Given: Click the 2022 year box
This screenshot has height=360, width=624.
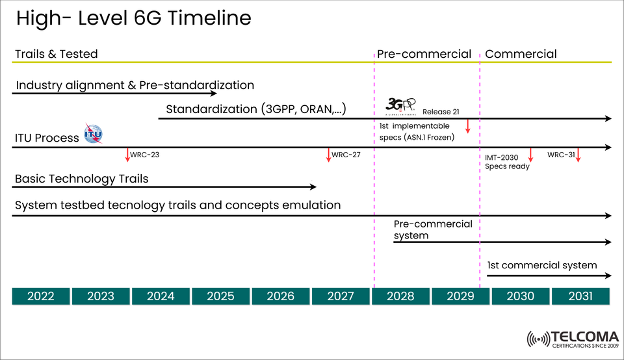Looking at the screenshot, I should [x=40, y=296].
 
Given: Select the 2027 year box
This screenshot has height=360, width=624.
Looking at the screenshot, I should [x=341, y=296].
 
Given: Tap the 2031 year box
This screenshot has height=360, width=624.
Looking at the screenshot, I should [x=580, y=296].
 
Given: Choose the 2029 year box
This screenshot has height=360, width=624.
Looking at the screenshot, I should [x=461, y=296].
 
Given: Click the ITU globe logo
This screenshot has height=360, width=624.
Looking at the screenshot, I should [x=93, y=133].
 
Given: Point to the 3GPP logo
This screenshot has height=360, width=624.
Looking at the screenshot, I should [x=400, y=105].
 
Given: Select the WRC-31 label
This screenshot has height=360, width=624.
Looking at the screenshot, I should [x=560, y=155].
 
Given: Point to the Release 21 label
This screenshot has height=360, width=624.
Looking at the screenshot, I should [x=441, y=112].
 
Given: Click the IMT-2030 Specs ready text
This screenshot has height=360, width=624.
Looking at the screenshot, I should [x=507, y=162].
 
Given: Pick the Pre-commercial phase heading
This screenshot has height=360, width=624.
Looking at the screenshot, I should [x=424, y=54].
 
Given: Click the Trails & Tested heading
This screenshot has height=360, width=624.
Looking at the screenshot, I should [x=56, y=54].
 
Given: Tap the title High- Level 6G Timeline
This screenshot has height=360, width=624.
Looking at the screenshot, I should [x=133, y=18].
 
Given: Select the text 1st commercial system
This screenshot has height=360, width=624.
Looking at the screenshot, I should [x=541, y=265].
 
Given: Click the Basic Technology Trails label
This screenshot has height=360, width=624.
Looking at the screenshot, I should [x=81, y=179].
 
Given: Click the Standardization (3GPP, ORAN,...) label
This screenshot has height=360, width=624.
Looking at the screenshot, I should [x=255, y=109].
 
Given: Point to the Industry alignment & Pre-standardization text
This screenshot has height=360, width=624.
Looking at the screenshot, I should [x=135, y=85].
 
